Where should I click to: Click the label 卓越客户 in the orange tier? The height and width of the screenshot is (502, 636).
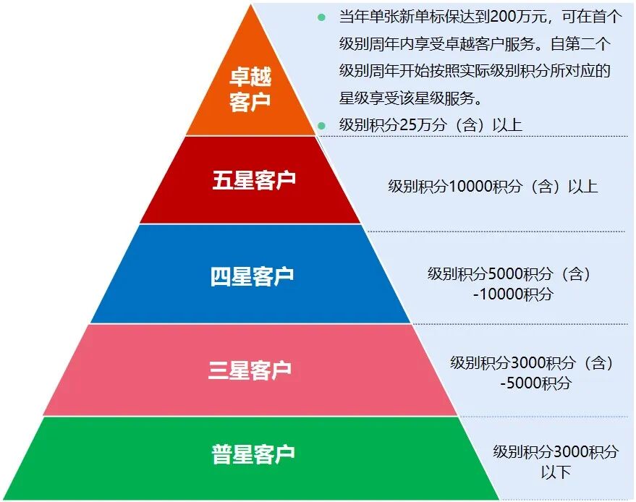coord(250,90)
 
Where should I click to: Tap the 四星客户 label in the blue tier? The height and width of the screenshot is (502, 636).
coord(253,276)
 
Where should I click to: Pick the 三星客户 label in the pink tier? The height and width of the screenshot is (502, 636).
coord(250,370)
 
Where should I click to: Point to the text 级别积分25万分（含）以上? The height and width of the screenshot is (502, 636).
coord(431,124)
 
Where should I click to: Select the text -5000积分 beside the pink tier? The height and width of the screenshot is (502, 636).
coord(535,383)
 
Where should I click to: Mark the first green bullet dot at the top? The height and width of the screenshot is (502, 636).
coord(322,17)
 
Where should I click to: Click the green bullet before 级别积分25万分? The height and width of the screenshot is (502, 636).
coord(322,125)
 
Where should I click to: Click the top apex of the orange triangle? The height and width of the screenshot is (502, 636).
coord(252,6)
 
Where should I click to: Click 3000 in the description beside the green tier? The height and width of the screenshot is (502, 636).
coord(571,452)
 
